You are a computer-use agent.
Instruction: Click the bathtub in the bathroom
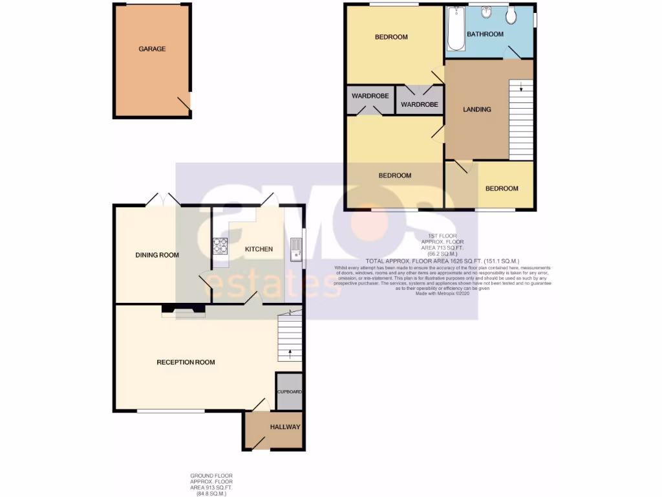pyautogui.click(x=455, y=29)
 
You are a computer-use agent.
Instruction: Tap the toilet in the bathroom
pyautogui.click(x=511, y=16)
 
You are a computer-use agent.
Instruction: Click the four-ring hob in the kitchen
pyautogui.click(x=220, y=245)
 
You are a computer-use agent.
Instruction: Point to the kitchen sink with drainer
pyautogui.click(x=295, y=248)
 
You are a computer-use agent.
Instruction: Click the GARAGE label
pyautogui.click(x=152, y=49)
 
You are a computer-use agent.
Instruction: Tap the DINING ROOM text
pyautogui.click(x=157, y=255)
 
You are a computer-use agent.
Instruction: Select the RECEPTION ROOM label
pyautogui.click(x=186, y=362)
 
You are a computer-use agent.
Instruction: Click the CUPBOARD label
pyautogui.click(x=290, y=392)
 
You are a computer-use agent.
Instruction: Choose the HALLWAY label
pyautogui.click(x=285, y=427)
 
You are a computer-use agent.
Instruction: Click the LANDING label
pyautogui.click(x=477, y=109)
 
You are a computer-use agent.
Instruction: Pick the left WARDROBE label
pyautogui.click(x=370, y=96)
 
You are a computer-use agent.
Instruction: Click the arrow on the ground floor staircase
pyautogui.click(x=290, y=353)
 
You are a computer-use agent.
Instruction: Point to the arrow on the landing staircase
pyautogui.click(x=522, y=87)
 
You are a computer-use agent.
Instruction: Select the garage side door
pyautogui.click(x=184, y=104)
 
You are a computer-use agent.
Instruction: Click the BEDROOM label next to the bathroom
pyautogui.click(x=391, y=37)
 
